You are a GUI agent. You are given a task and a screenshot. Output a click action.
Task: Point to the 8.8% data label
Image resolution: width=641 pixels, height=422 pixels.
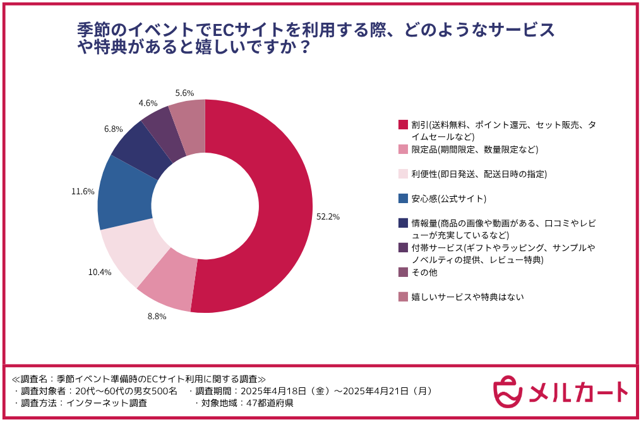coord(157,316)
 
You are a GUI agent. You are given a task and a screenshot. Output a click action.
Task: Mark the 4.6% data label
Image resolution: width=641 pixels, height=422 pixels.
coord(148,103)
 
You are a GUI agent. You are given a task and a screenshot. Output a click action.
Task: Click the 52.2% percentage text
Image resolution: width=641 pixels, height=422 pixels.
coord(328,216)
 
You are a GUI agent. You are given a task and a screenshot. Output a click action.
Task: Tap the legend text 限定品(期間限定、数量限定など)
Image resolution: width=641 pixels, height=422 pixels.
coord(474,149)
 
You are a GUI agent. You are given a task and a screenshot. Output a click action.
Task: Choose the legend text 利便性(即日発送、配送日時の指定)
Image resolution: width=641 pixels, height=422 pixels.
coord(479,174)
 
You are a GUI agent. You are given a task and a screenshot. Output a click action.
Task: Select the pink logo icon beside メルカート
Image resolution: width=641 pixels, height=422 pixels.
coord(508,391)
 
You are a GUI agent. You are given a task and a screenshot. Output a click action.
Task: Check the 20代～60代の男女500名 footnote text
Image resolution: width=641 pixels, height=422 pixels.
coord(126,391)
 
